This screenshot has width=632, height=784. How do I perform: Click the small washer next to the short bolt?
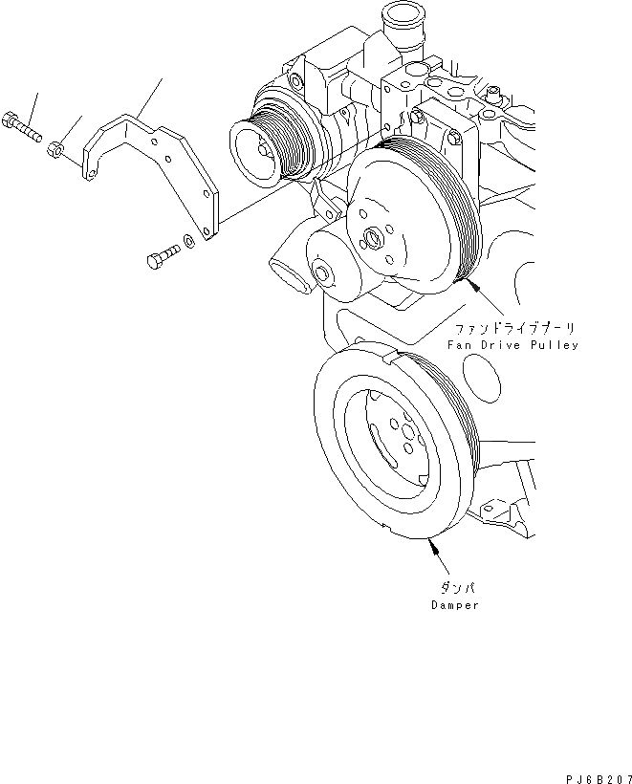[x=189, y=241]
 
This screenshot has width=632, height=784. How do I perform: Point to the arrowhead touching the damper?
[x=431, y=546]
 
